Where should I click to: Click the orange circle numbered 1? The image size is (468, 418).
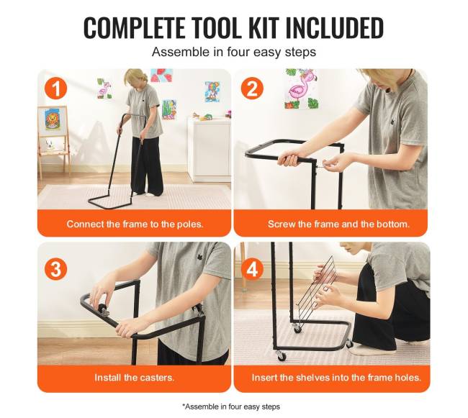point(56,88)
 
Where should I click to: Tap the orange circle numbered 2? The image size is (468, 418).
point(252,88)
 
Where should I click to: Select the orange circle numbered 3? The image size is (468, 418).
point(56,268)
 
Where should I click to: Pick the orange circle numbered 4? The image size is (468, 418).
point(252,268)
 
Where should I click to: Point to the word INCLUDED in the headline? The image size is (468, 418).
point(334,28)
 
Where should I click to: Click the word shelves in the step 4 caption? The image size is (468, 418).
point(312,378)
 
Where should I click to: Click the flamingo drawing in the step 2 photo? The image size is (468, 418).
point(300,88)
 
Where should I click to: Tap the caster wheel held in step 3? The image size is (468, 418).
point(102,309)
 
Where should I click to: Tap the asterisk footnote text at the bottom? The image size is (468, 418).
point(231,406)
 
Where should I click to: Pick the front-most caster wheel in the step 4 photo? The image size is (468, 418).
point(282,355)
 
